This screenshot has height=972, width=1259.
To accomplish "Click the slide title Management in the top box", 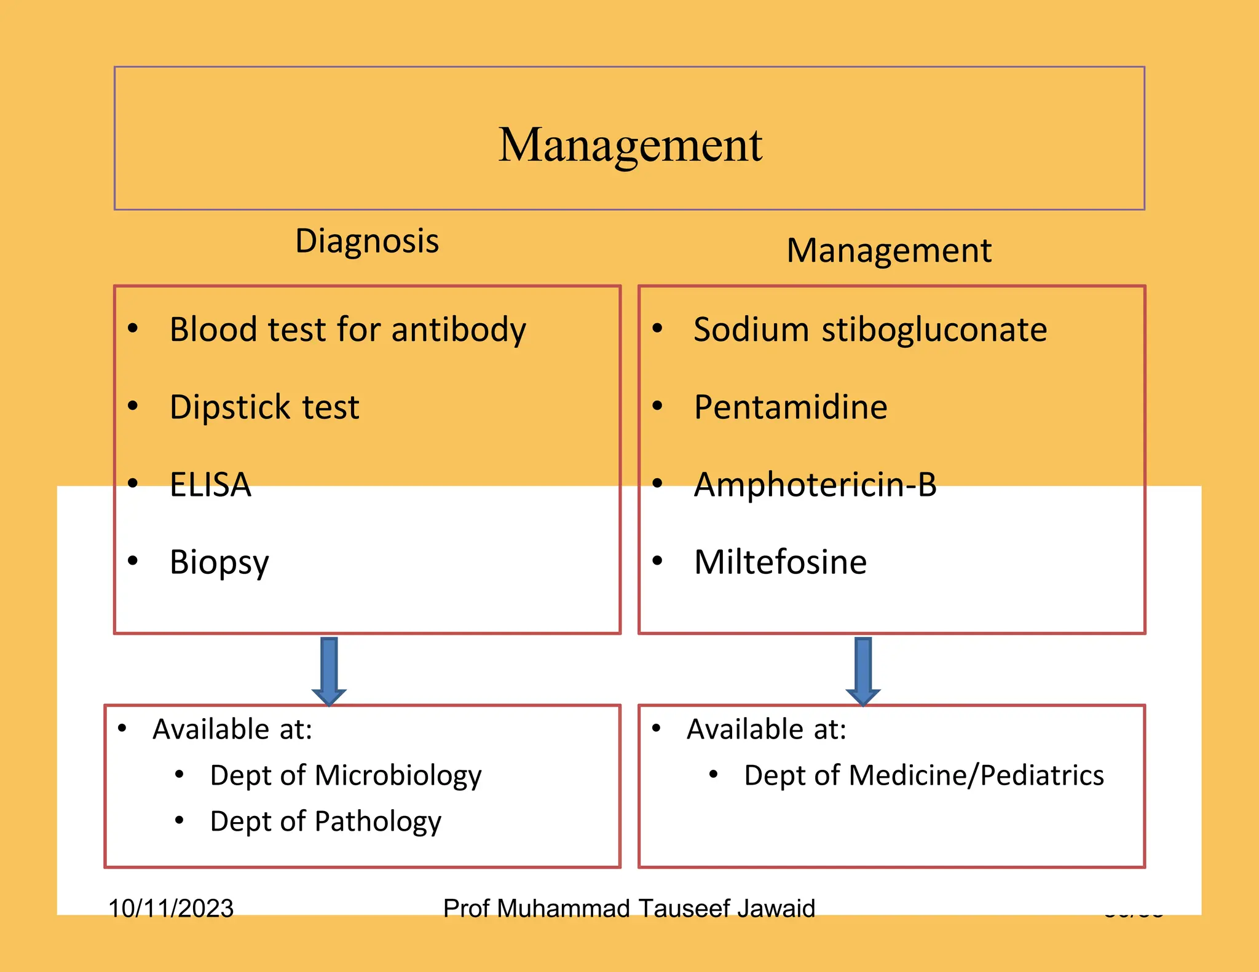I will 629,145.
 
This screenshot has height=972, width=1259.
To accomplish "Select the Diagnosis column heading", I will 367,241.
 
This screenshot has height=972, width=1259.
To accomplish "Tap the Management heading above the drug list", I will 889,251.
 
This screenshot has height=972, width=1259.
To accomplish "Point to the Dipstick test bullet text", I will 264,407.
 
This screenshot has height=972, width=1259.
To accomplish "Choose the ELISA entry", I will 210,485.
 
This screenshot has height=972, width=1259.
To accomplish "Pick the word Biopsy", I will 219,562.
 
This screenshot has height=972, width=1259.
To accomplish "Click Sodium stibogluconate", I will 870,330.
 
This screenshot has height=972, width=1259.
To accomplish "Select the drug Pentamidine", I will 791,407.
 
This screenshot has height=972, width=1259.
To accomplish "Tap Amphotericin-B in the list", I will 815,485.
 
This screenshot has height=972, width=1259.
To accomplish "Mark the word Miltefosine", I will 780,562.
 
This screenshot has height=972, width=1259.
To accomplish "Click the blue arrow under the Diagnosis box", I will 329,671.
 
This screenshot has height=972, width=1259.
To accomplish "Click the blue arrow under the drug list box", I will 863,671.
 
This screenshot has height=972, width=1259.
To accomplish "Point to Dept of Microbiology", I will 345,775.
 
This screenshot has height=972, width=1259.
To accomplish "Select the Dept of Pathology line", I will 325,821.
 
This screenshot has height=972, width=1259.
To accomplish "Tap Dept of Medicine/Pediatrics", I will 923,775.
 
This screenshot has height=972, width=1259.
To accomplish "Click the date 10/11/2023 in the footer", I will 171,908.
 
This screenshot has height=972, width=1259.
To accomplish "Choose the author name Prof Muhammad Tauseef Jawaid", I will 629,908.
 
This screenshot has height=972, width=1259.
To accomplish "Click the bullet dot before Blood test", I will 133,329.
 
